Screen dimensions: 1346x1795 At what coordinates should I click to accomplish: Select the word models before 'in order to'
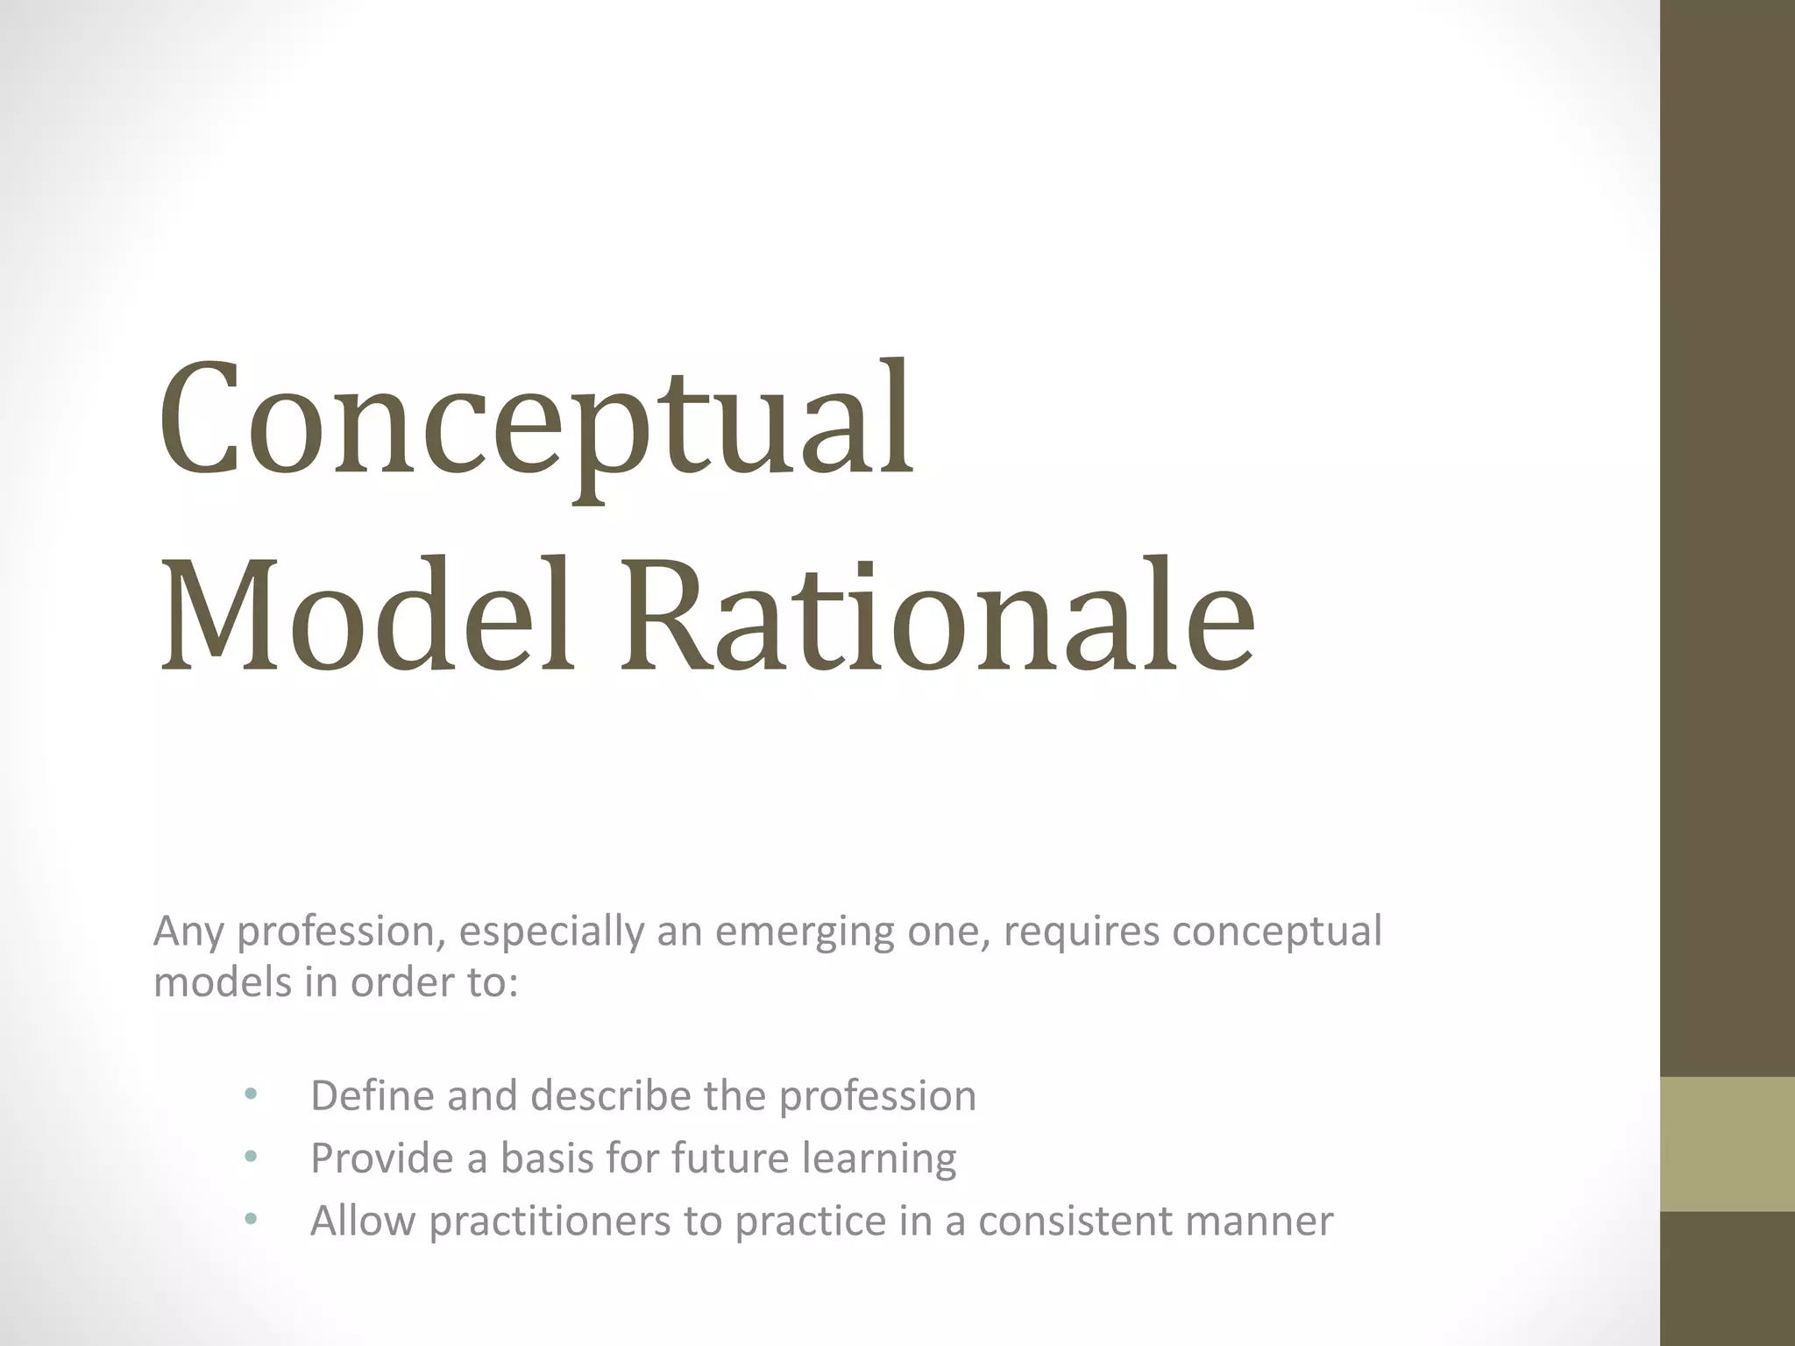223,982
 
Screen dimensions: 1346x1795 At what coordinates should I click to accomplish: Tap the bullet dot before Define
252,1095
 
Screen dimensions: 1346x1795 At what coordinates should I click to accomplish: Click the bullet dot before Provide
252,1157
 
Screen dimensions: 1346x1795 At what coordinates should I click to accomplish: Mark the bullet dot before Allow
252,1220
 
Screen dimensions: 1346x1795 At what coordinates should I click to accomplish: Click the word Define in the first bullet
372,1095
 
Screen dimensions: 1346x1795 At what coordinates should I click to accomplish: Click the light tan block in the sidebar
1728,1143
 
